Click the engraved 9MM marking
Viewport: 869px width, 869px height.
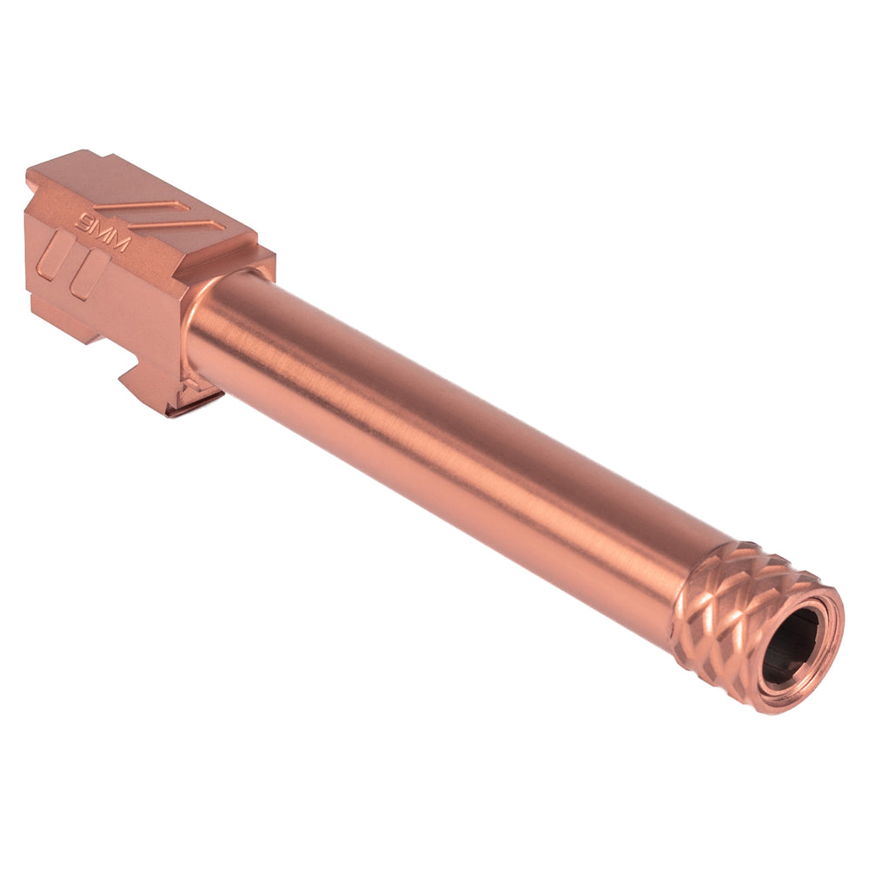[x=103, y=232]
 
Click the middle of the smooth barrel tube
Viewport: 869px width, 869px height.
[x=452, y=434]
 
